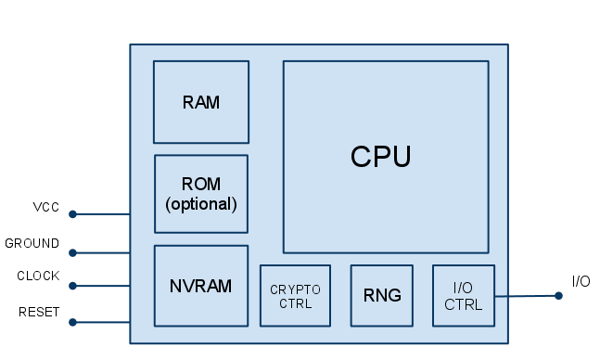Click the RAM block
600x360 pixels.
[x=201, y=102]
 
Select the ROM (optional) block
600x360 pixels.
[x=201, y=193]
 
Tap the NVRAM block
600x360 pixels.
[x=201, y=286]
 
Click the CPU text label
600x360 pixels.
[x=380, y=157]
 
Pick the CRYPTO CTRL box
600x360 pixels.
[x=295, y=296]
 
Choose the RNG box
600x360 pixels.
[x=381, y=296]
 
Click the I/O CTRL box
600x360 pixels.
[x=463, y=296]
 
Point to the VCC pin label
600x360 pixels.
[x=45, y=207]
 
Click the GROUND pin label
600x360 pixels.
[x=32, y=243]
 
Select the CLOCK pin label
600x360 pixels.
[x=38, y=276]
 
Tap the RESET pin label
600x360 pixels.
[x=39, y=313]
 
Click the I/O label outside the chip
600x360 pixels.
[x=581, y=281]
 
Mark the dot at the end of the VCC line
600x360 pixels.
[x=72, y=214]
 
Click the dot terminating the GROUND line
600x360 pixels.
[x=72, y=252]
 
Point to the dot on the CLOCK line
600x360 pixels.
[x=72, y=286]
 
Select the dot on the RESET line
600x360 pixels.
[x=72, y=322]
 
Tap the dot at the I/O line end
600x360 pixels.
[x=558, y=296]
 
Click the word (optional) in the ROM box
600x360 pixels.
[x=201, y=203]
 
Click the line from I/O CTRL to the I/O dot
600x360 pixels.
[x=526, y=297]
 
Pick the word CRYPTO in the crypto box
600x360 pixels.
[x=295, y=289]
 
